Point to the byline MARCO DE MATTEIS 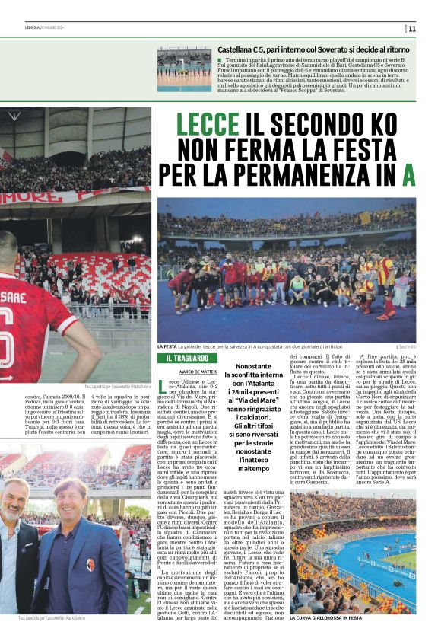click(179, 372)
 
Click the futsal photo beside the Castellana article click(184, 69)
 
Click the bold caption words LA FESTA click(167, 346)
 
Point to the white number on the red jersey click(11, 328)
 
